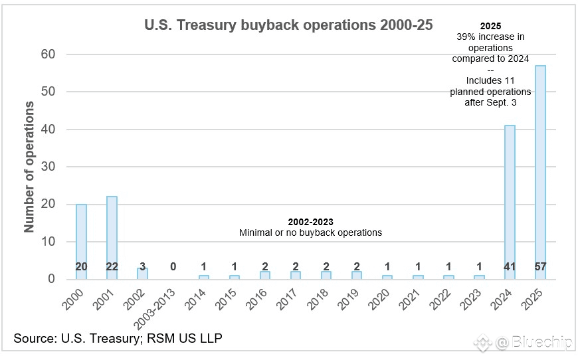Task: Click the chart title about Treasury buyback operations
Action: click(x=288, y=25)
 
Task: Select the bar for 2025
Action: click(x=540, y=166)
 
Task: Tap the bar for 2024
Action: click(x=510, y=199)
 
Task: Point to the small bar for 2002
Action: click(x=142, y=274)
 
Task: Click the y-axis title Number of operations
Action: click(x=29, y=166)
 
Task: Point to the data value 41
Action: click(x=510, y=267)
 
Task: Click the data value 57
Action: click(x=540, y=267)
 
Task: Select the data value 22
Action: click(x=112, y=267)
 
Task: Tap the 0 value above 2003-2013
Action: click(x=173, y=267)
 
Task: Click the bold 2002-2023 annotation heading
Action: click(x=310, y=221)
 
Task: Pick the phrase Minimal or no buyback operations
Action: click(x=310, y=232)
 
